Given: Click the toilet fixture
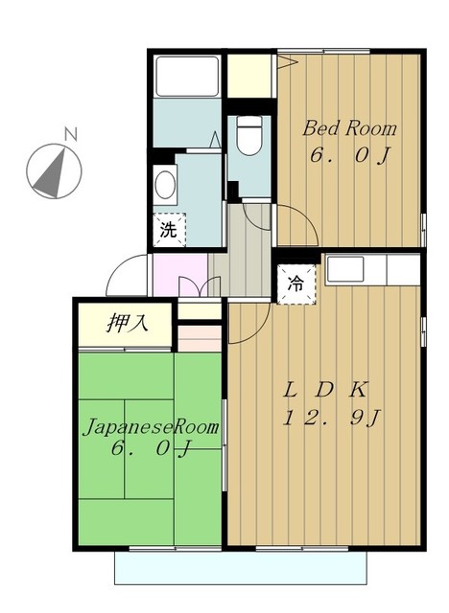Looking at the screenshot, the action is [x=249, y=135].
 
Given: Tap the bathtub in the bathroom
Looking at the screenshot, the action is [x=187, y=77].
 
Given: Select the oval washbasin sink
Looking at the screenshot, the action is [x=165, y=185].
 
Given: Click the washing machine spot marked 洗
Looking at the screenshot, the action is [x=169, y=230].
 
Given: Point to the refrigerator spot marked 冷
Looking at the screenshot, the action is [x=295, y=284].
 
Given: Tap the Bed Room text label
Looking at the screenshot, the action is [x=349, y=128].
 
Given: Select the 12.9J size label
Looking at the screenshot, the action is [x=331, y=418].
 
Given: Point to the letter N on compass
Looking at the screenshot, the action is [x=71, y=134].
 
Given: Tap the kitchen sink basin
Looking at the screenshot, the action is [x=345, y=268].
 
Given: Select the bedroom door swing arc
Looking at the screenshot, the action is [x=305, y=216].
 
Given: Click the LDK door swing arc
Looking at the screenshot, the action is [x=258, y=330].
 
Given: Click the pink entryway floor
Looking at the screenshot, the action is [x=180, y=275].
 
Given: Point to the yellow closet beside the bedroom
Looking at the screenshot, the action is [x=249, y=76].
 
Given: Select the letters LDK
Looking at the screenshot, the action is [x=325, y=390].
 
